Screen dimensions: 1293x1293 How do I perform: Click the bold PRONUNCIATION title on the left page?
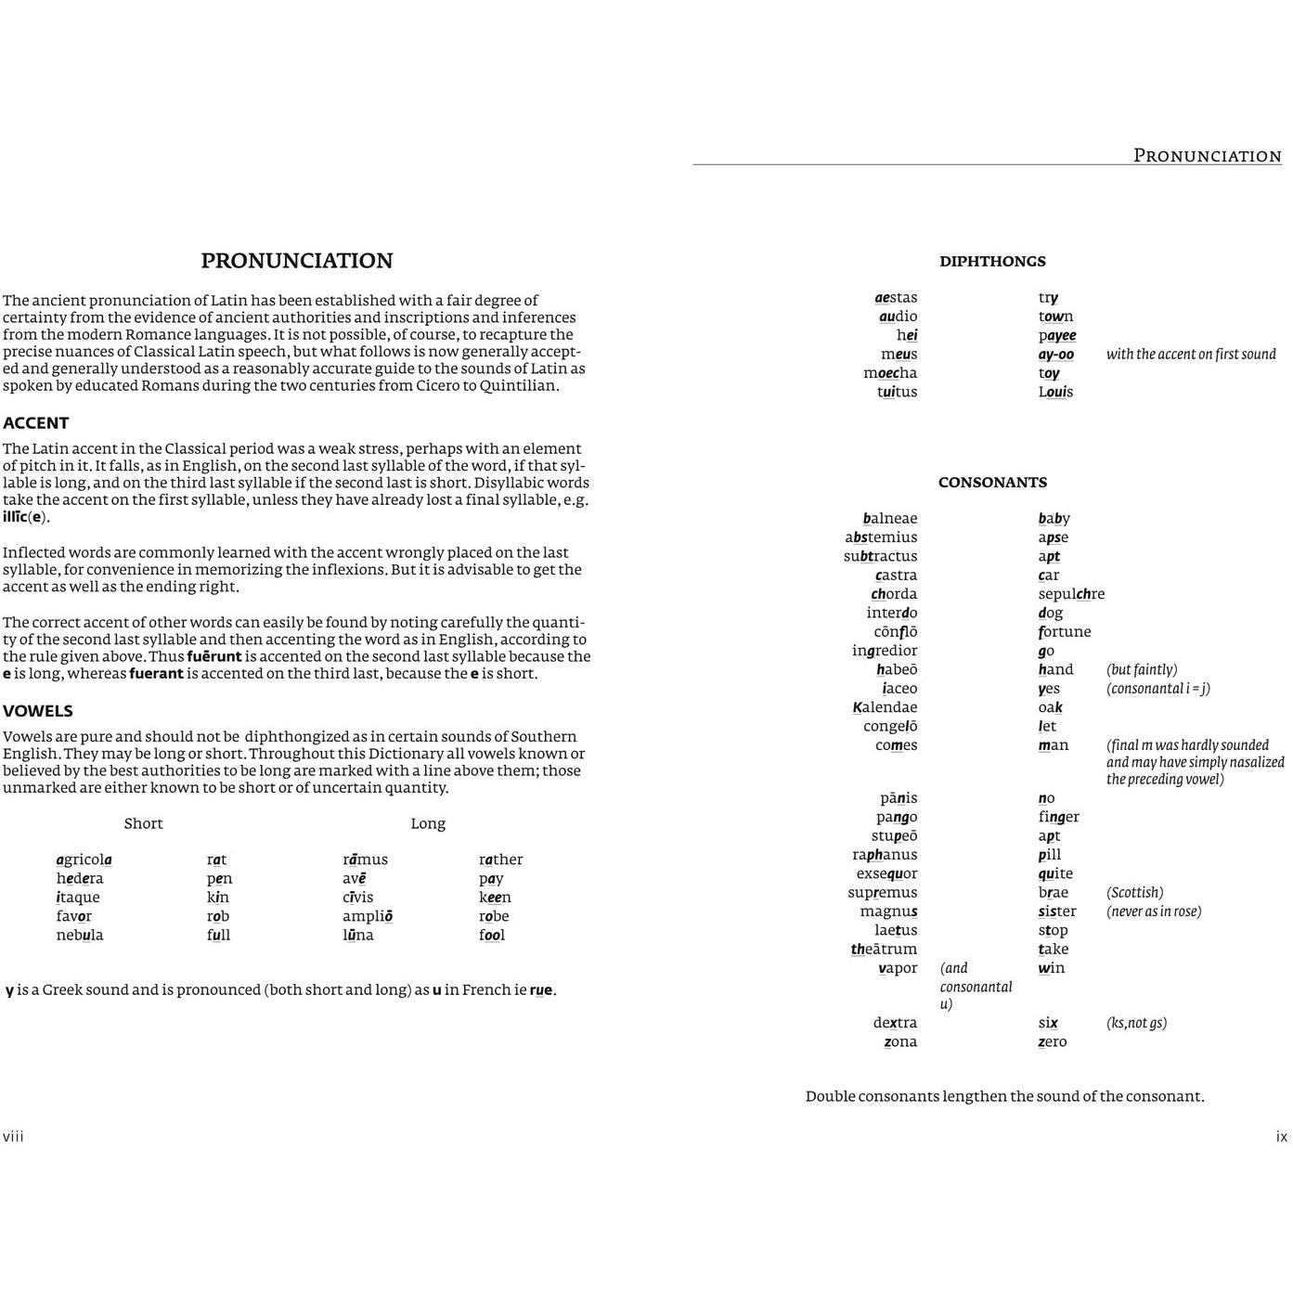[x=297, y=261]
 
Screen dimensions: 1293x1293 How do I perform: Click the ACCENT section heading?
[x=36, y=423]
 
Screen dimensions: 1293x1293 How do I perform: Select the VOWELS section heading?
[x=38, y=711]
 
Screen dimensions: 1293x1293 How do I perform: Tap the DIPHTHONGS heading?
[x=992, y=262]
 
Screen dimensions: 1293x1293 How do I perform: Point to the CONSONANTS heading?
[x=992, y=483]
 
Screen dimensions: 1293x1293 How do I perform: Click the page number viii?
[x=13, y=1136]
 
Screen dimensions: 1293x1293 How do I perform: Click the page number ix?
[x=1281, y=1136]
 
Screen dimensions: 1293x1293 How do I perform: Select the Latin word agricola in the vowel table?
[x=84, y=860]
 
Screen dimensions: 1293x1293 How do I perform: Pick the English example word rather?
[x=501, y=860]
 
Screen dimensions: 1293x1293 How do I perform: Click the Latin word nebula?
[x=80, y=935]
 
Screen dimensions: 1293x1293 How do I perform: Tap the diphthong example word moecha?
[x=890, y=373]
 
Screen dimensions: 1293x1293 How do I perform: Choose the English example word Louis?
[x=1055, y=392]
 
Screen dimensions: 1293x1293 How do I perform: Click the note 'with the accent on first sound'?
[x=1191, y=355]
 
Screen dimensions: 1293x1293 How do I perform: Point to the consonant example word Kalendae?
[x=885, y=707]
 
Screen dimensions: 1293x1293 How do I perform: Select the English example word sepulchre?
[x=1071, y=594]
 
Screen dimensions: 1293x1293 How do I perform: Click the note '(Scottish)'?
[x=1134, y=893]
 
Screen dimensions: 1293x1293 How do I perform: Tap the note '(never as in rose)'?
[x=1154, y=912]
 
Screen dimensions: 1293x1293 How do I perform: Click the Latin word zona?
[x=900, y=1041]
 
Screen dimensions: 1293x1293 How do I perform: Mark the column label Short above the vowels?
[x=144, y=823]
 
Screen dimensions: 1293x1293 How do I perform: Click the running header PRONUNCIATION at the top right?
[x=1207, y=156]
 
